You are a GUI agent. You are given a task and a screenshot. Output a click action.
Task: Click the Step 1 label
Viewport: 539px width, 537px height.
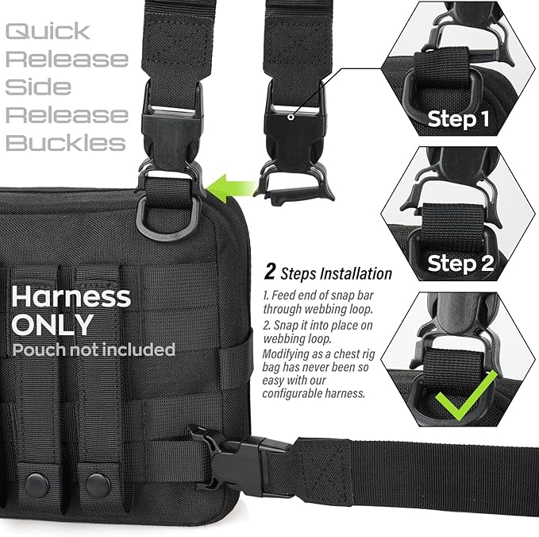click(x=458, y=119)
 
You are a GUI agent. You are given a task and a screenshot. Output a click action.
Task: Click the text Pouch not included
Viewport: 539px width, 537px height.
click(x=93, y=349)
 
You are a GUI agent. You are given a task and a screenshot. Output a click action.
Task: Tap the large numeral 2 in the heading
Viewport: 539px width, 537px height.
click(x=270, y=273)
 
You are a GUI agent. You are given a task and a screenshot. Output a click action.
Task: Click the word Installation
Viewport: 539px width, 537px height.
click(x=356, y=274)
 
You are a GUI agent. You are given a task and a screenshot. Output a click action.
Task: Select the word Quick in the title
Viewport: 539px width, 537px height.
click(x=48, y=32)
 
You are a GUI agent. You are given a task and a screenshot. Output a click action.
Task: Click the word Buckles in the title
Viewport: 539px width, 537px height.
click(x=66, y=143)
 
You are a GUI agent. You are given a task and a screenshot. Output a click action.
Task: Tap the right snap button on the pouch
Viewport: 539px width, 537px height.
click(x=98, y=481)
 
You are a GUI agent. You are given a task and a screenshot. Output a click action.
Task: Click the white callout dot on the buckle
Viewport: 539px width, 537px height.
click(x=291, y=117)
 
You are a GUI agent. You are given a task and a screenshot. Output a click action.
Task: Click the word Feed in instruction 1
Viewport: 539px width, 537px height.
click(x=282, y=295)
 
